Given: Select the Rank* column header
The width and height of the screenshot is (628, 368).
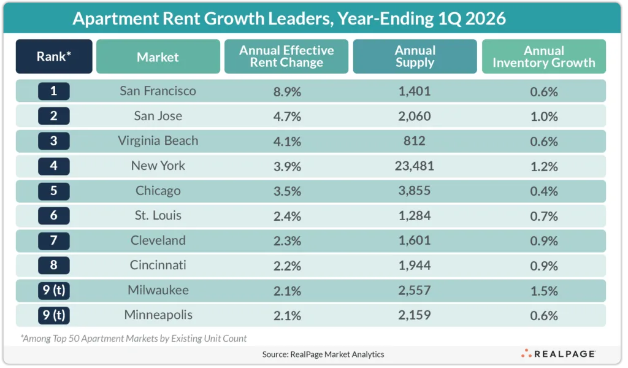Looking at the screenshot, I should point(54,57).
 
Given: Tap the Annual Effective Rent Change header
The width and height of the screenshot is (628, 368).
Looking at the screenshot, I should point(286,57).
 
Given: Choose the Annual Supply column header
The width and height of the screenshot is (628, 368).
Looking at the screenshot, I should point(415,57).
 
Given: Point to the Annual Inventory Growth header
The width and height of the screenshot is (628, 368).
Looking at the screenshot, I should point(543,57).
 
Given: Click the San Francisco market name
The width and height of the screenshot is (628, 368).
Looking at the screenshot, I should point(158,91).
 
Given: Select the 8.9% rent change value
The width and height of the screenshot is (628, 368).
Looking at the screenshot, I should point(286,91).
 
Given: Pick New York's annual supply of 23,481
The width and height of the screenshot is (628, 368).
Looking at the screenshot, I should point(415,166).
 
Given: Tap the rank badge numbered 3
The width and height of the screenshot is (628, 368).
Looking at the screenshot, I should point(54,141).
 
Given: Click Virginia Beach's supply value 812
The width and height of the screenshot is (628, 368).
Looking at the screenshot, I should point(415,141).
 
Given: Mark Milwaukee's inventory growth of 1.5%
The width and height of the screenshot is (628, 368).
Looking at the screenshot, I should point(543,291).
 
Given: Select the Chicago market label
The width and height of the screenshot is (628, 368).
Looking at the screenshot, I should point(158,191).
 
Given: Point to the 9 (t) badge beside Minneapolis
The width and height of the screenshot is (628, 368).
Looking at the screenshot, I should point(54,316).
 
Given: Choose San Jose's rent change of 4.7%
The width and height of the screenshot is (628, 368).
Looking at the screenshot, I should point(286,117).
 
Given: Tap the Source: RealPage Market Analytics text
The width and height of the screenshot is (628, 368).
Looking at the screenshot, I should point(314,354).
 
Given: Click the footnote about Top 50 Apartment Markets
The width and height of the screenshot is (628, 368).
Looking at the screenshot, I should point(134,338).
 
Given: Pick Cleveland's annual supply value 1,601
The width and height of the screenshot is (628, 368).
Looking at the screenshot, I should point(415,241).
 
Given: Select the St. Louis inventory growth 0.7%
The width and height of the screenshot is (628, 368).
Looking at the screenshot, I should point(543,216).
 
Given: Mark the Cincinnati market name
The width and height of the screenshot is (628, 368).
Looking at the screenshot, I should point(158,266).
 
